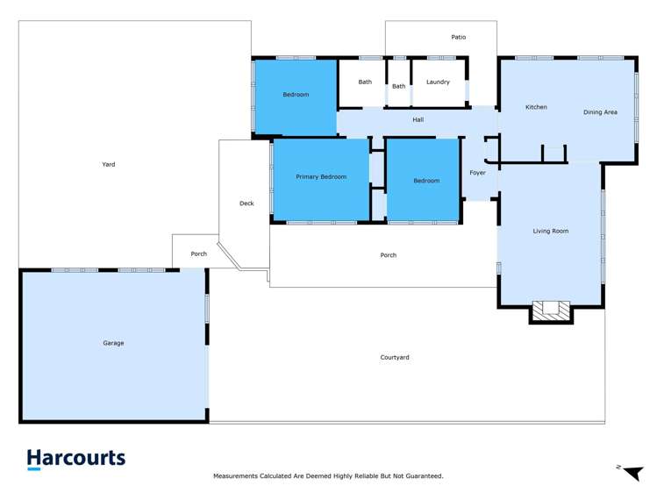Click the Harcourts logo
coord(76,459)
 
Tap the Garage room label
coord(113,343)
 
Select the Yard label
coord(109,164)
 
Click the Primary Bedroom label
coord(321,177)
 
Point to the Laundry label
coord(438,82)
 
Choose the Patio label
coord(459,37)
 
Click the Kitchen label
coord(536,107)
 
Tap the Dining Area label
coord(601,112)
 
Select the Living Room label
coord(551,232)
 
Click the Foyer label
coord(477,173)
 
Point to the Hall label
coord(418,119)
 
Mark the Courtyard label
coord(395,357)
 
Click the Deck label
coord(246,204)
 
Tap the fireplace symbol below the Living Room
coord(551,310)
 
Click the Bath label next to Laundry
coord(399,86)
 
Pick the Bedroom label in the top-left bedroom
coord(296,95)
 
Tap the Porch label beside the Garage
coord(199,254)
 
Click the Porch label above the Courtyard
coord(388,255)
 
